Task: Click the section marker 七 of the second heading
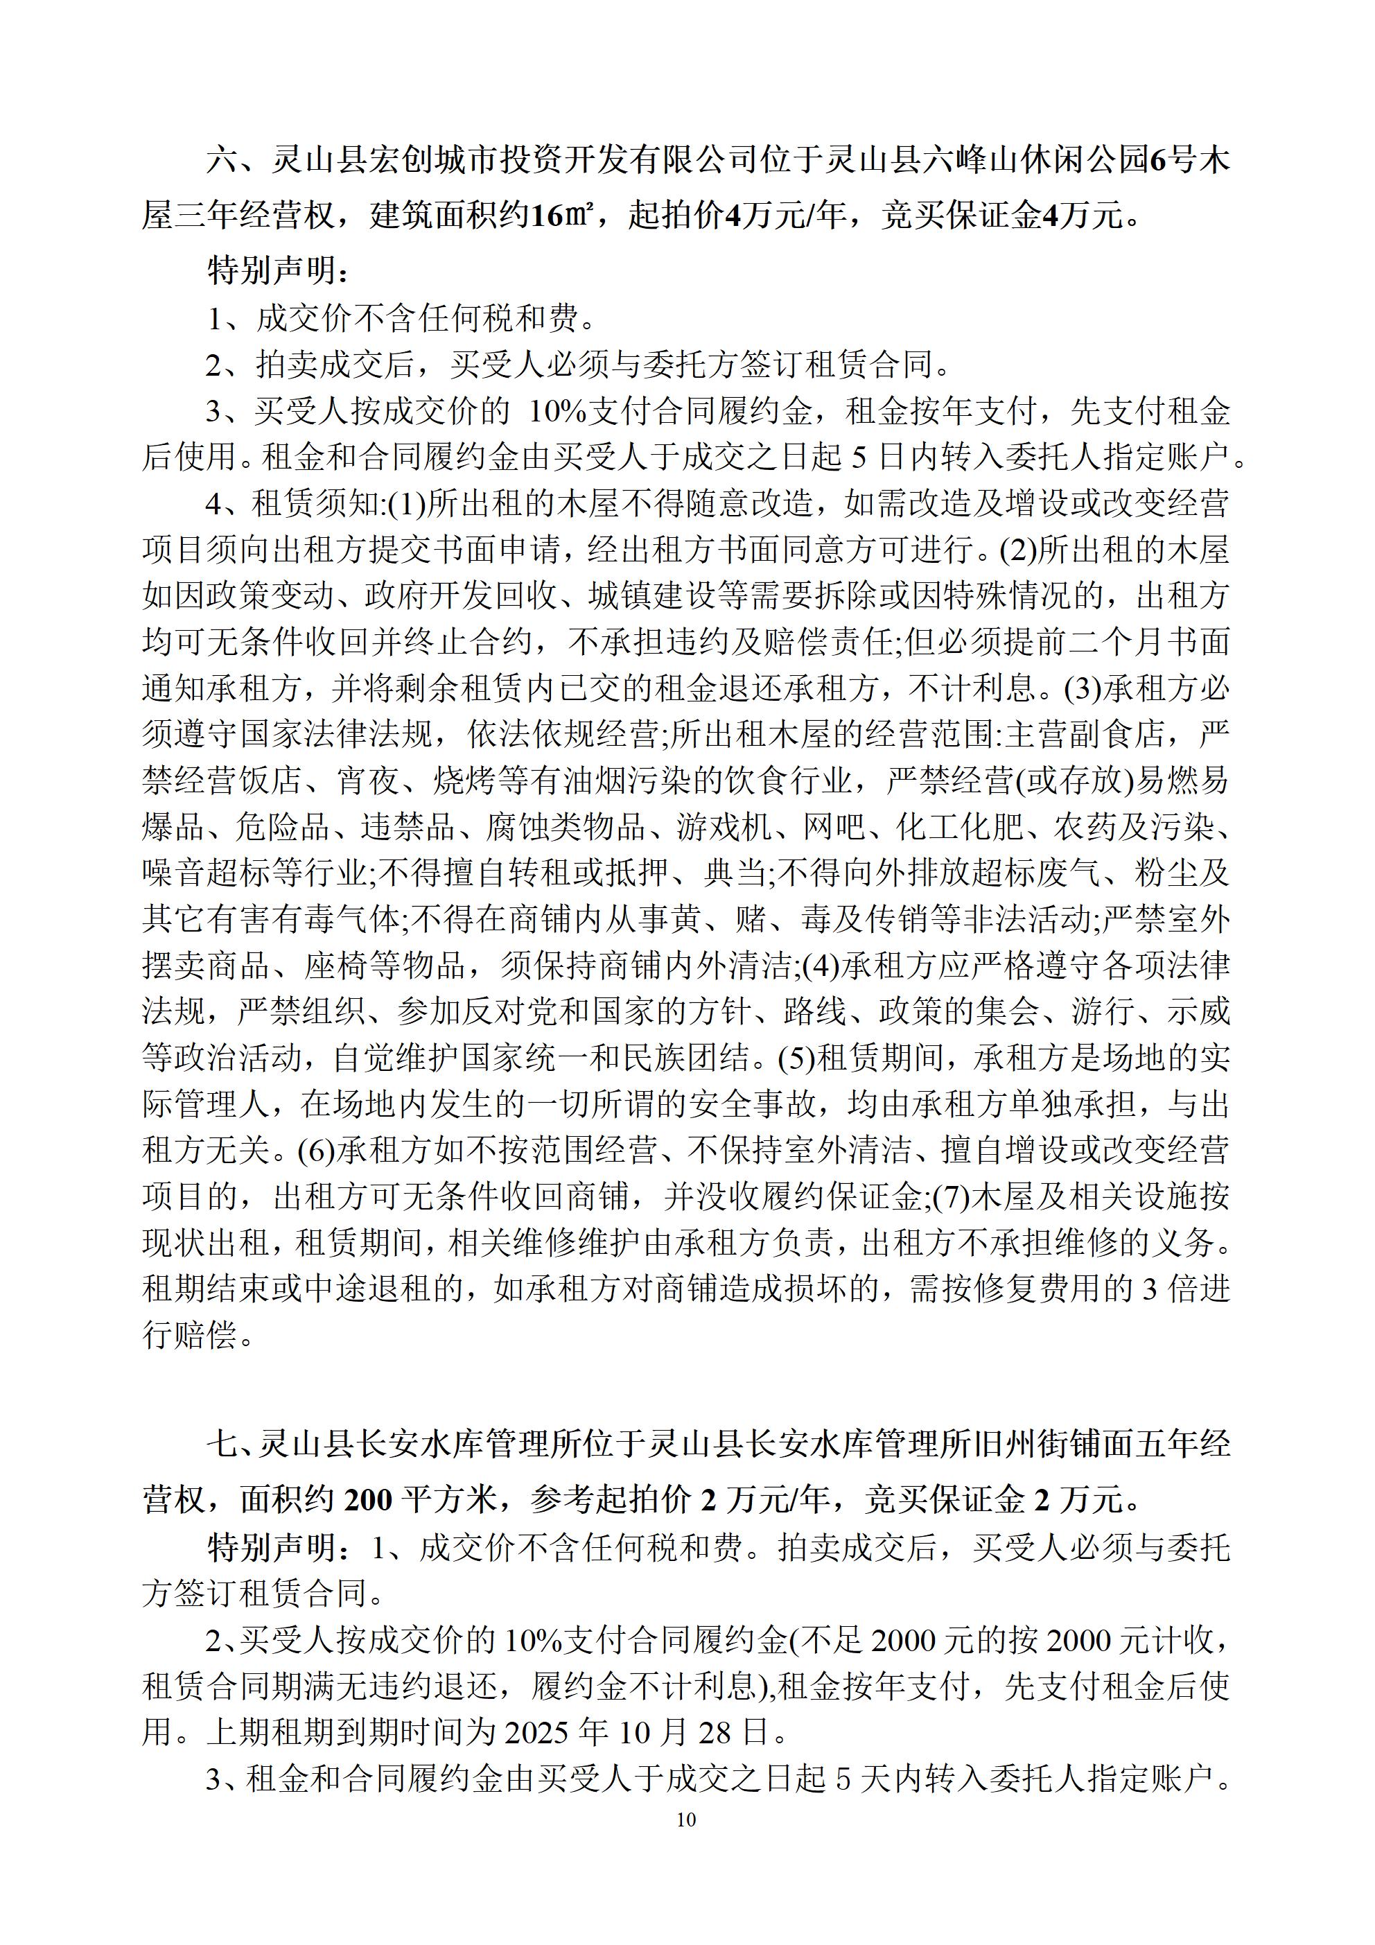pos(222,1444)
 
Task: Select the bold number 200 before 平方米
pos(369,1500)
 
